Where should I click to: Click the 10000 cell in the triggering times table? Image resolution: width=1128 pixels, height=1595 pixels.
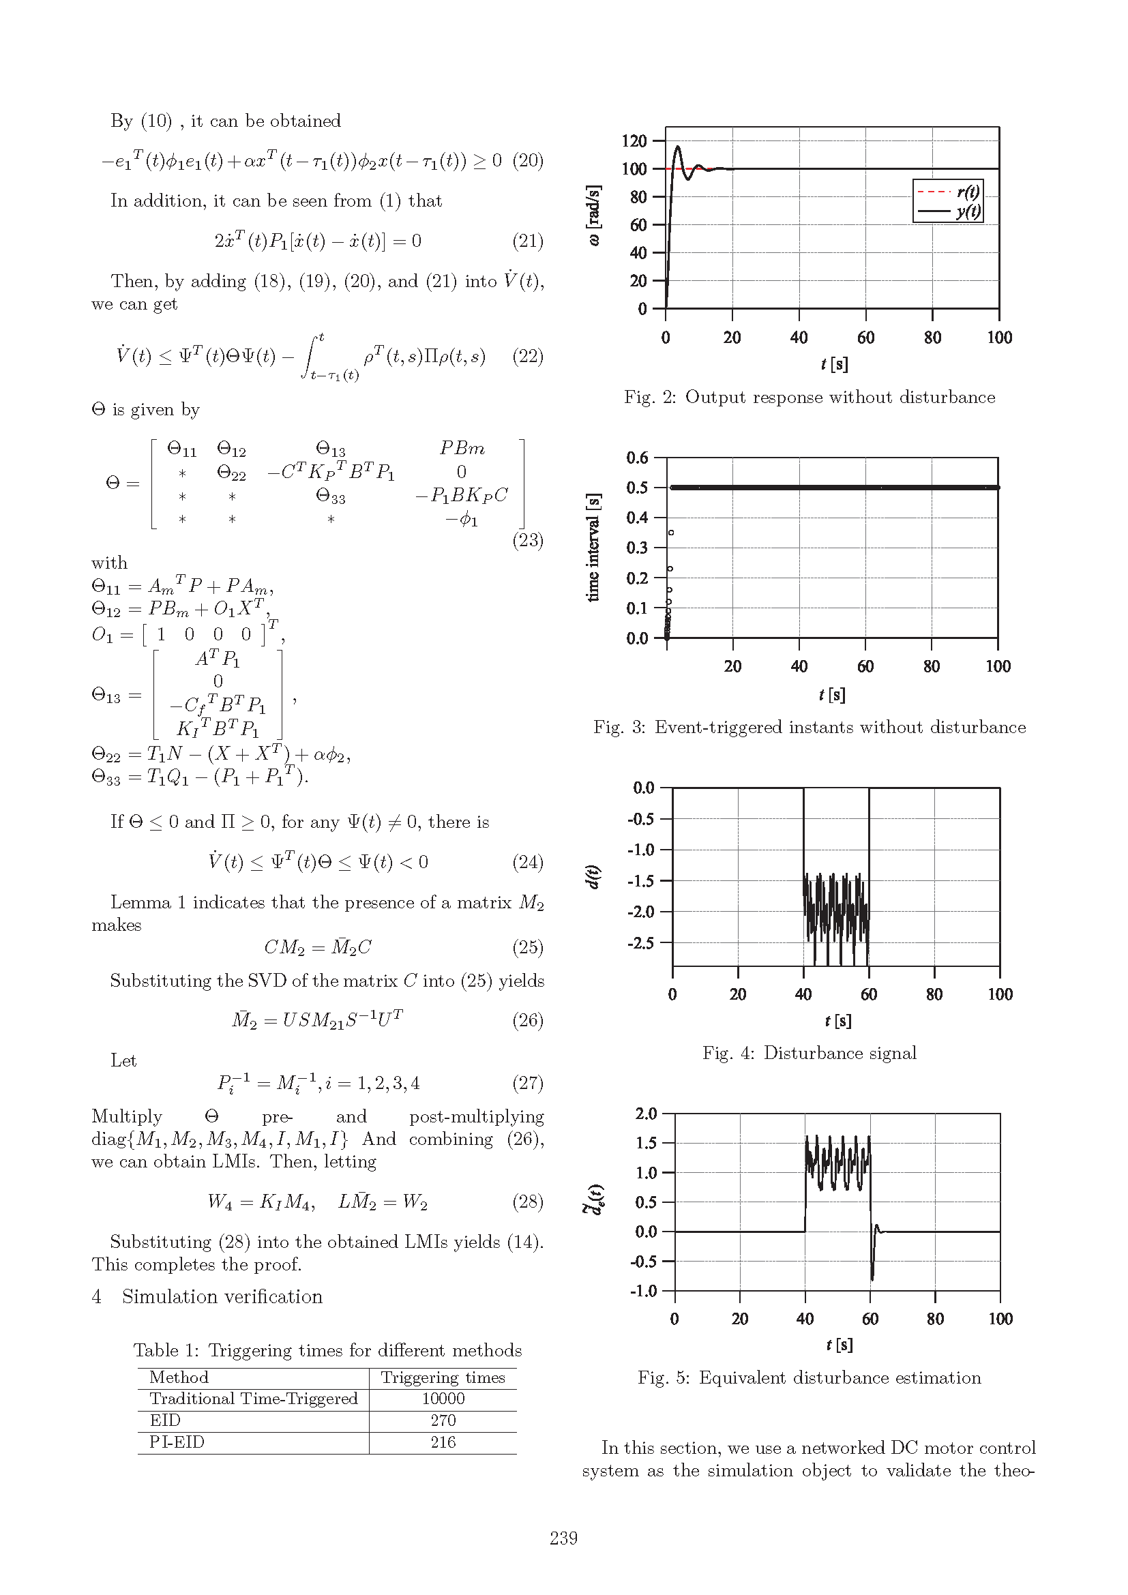point(443,1399)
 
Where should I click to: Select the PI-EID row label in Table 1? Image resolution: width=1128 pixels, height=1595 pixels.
point(177,1442)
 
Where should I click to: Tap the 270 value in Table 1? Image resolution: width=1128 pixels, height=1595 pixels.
point(443,1420)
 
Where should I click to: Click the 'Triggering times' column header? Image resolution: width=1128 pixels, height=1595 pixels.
point(443,1377)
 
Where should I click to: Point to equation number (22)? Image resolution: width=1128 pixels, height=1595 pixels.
point(528,357)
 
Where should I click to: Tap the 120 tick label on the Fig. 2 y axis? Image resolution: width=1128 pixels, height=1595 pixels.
point(634,141)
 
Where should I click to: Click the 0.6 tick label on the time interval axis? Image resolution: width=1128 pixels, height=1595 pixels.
point(637,458)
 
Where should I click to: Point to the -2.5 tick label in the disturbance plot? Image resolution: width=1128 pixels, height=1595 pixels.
point(640,942)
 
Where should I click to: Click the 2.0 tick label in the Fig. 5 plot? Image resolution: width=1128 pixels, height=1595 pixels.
point(646,1114)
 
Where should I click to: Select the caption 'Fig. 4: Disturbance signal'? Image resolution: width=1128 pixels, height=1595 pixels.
point(810,1053)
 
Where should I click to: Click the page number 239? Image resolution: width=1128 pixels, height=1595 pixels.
point(563,1538)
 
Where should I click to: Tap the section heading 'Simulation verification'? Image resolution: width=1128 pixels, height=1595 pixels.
point(222,1296)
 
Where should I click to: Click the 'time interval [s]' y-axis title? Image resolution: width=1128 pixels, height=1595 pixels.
point(593,548)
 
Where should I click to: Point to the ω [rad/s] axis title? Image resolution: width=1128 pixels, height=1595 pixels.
point(593,215)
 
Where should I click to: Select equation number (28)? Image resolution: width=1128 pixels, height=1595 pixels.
point(528,1202)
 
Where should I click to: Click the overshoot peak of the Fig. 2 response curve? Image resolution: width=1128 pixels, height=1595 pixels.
point(678,147)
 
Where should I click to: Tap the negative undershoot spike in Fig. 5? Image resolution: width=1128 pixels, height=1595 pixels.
point(872,1278)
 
